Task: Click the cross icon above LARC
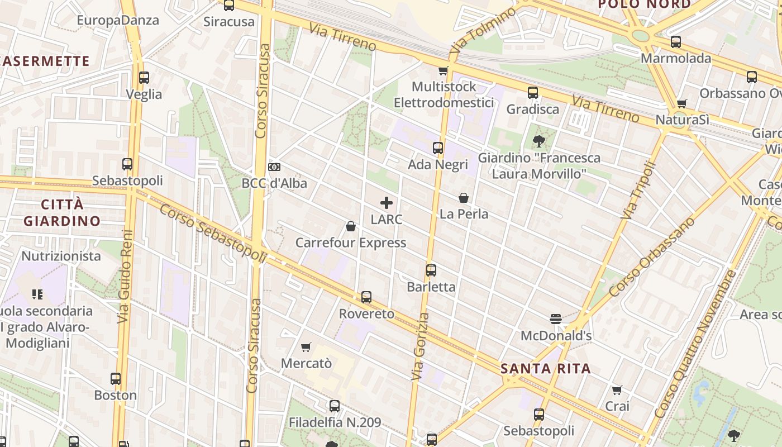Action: (x=386, y=203)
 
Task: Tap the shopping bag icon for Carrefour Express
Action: (x=351, y=226)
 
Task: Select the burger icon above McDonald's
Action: (x=555, y=319)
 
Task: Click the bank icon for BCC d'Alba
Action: (x=274, y=167)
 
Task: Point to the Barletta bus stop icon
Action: (x=431, y=270)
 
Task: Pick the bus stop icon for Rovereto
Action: (x=366, y=297)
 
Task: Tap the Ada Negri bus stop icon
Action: (x=437, y=148)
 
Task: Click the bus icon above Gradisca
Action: (x=532, y=93)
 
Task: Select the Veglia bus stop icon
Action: (x=144, y=78)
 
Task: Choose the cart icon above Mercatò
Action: (x=306, y=348)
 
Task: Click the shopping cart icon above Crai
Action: (x=617, y=390)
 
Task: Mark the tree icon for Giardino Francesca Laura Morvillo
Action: (x=538, y=141)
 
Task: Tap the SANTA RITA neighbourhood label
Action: (x=545, y=369)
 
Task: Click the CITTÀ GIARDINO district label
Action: (x=62, y=212)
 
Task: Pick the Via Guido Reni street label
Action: (x=124, y=277)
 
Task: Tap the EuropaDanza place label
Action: (x=117, y=21)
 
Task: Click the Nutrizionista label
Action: (x=61, y=256)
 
